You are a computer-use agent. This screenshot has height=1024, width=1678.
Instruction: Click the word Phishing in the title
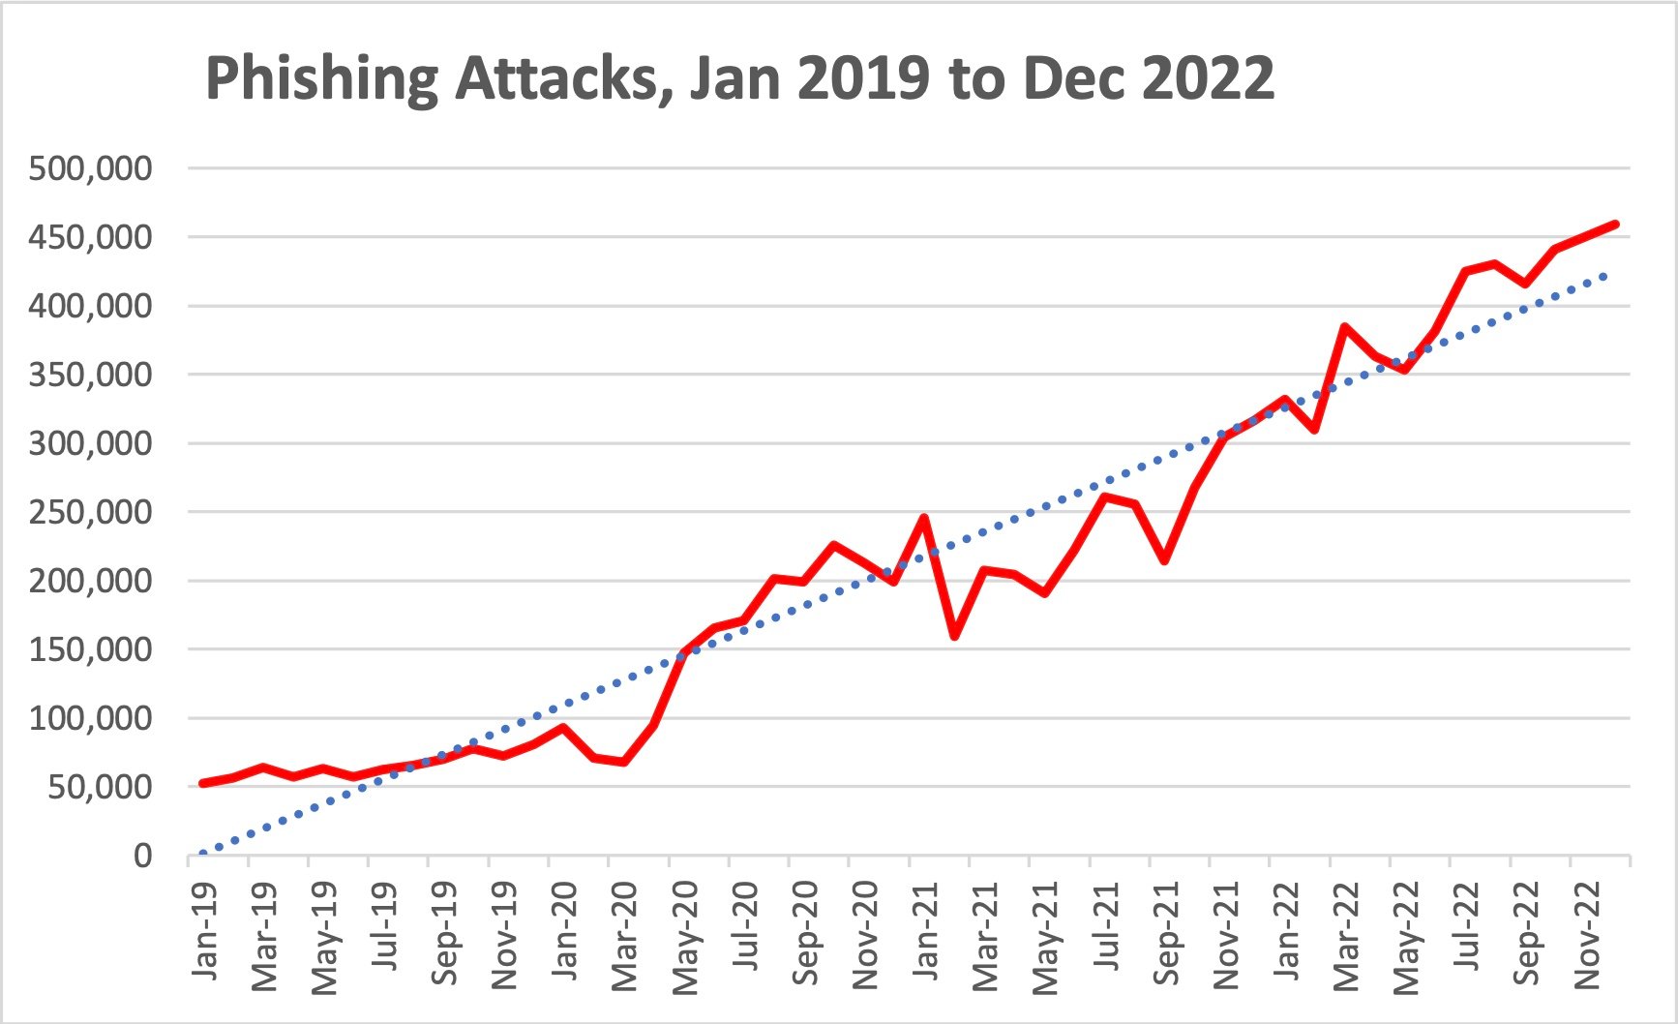tap(321, 79)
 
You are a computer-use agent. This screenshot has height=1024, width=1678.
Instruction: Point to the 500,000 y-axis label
tap(90, 168)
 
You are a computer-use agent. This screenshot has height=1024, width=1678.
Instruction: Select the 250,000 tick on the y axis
tap(90, 512)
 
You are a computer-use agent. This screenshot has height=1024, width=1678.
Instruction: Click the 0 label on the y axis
tap(142, 856)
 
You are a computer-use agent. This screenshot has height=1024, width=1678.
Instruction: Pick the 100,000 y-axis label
tap(90, 718)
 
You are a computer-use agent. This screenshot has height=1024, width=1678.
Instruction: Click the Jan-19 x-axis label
tap(204, 929)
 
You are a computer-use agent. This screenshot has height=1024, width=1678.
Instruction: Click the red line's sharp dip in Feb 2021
tap(954, 636)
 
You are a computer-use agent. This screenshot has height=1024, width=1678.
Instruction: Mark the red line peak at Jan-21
tap(924, 518)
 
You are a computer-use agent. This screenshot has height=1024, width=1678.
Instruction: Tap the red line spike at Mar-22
tap(1345, 327)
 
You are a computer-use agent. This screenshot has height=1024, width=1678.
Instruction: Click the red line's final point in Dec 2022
tap(1615, 225)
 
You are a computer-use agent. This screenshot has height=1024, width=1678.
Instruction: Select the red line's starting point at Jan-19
tap(202, 783)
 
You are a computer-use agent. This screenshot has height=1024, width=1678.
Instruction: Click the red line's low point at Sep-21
tap(1164, 560)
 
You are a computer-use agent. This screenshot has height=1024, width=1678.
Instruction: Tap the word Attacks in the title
tap(557, 79)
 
